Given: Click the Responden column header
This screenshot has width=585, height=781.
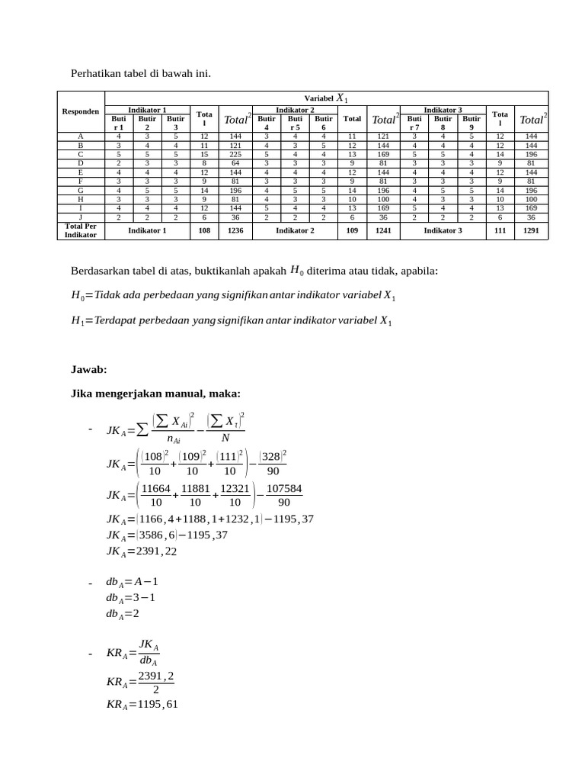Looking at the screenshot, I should pyautogui.click(x=80, y=111).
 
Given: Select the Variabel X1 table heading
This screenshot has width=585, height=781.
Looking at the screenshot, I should pyautogui.click(x=326, y=98).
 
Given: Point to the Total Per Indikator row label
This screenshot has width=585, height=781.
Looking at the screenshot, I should pyautogui.click(x=80, y=230).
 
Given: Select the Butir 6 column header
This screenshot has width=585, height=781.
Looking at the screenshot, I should pyautogui.click(x=323, y=123).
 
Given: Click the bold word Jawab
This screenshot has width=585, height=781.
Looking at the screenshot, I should pyautogui.click(x=89, y=370).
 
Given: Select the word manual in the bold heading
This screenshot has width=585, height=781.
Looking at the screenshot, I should pyautogui.click(x=177, y=394).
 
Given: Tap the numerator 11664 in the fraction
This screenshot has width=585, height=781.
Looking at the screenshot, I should pyautogui.click(x=156, y=487).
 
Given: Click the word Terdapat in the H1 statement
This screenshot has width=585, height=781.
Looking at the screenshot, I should pyautogui.click(x=119, y=321).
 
